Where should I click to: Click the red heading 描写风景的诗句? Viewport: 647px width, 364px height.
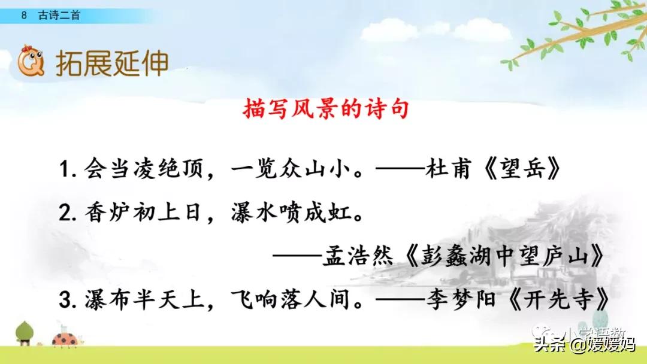click(326, 110)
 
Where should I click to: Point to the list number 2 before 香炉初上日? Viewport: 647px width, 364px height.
click(65, 214)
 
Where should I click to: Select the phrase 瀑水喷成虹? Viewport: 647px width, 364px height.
click(290, 214)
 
